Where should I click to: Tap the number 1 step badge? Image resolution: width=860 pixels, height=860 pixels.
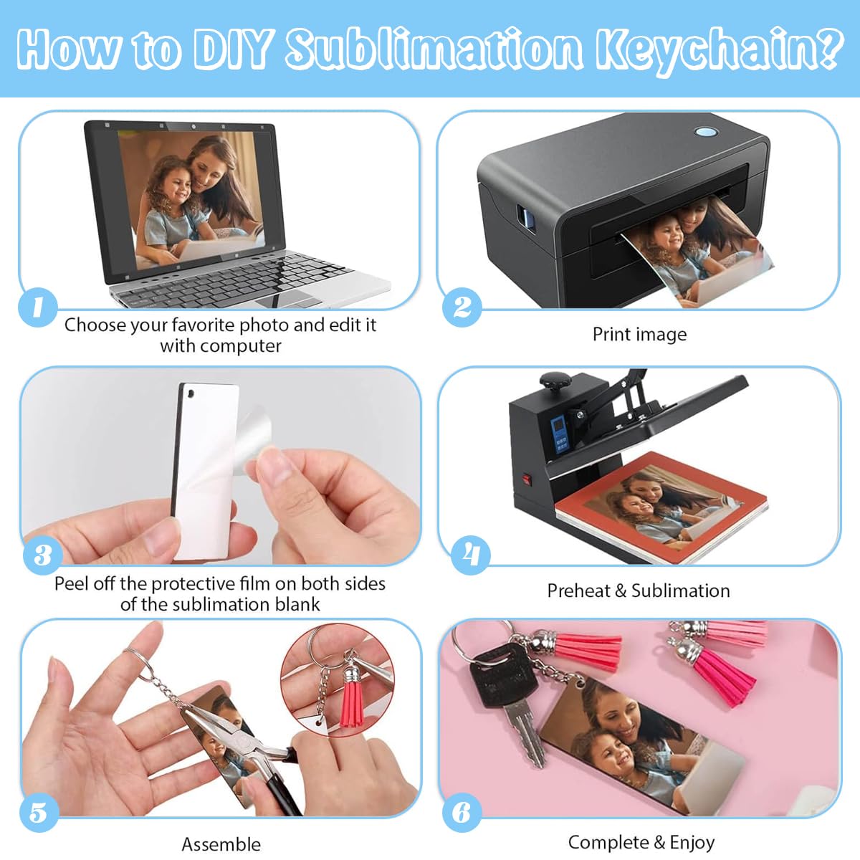click(38, 307)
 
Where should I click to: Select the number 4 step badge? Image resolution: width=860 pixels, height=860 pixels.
click(470, 555)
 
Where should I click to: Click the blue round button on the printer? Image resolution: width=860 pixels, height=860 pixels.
click(706, 132)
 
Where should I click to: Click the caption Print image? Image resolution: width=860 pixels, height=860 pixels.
click(639, 335)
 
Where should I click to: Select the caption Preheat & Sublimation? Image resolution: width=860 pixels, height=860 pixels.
click(639, 591)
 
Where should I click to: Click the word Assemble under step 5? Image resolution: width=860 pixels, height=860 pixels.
click(221, 844)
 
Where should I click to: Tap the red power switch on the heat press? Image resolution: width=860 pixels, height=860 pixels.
click(527, 480)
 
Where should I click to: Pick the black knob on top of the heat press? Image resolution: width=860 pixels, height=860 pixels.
click(555, 381)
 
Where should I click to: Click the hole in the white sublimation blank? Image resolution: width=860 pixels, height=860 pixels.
click(191, 394)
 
